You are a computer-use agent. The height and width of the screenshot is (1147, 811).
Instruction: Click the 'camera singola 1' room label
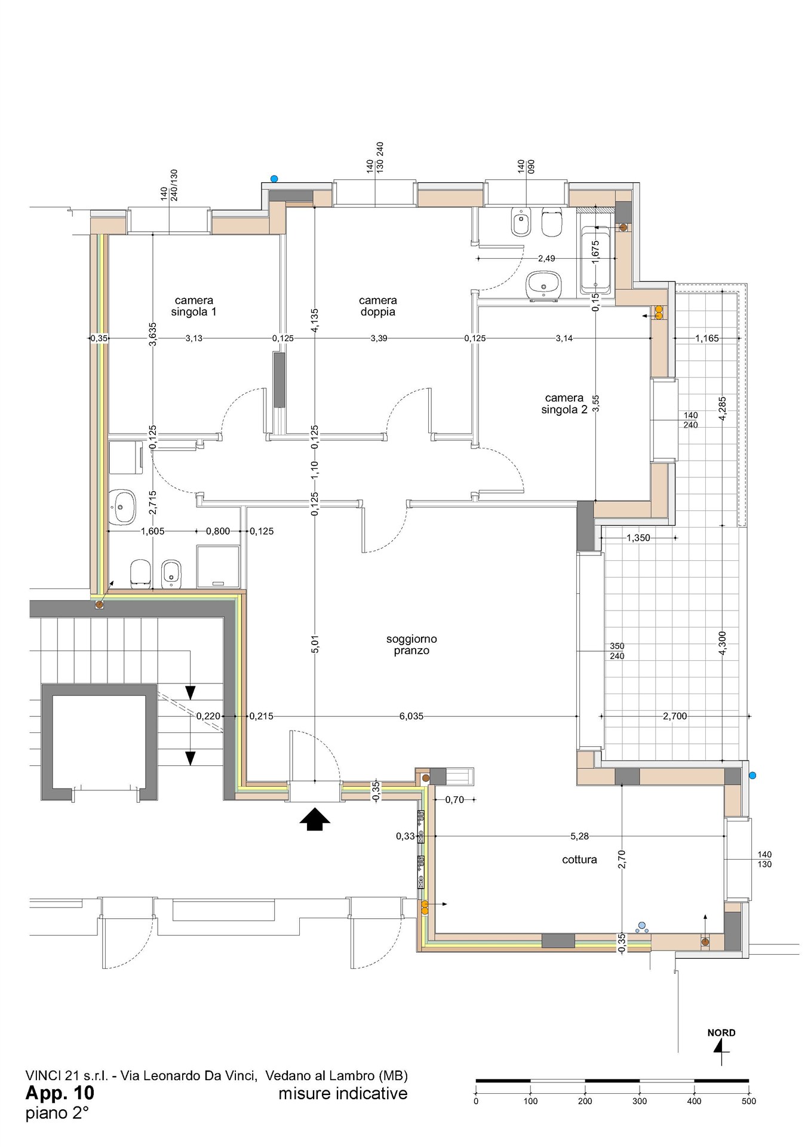coord(193,306)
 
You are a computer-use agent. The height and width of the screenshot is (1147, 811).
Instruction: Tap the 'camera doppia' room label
coord(377,306)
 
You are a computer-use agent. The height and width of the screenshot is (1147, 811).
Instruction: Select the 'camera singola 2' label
coord(564,403)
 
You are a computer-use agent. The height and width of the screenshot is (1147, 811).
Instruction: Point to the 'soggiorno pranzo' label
coord(411,645)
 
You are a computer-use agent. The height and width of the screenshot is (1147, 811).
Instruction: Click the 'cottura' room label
coord(579,860)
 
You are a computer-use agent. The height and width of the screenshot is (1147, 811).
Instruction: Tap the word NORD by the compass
coord(721,1033)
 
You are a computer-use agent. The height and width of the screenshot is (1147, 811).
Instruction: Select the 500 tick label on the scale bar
coord(748,1101)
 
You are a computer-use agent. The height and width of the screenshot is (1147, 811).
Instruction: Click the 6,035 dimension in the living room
coord(411,716)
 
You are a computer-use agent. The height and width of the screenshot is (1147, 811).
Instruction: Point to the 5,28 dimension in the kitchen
coord(579,836)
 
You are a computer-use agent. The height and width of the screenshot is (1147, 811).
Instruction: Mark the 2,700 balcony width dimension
coord(675,716)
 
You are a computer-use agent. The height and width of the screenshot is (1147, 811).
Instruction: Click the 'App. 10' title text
coord(60,1093)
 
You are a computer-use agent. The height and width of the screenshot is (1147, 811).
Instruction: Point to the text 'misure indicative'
coord(343,1093)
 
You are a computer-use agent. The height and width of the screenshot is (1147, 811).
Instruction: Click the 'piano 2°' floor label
coord(57,1113)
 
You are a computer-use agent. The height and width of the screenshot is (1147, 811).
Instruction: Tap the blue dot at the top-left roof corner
coord(274,178)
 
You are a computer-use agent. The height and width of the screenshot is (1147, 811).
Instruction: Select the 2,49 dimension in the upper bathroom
coord(546,258)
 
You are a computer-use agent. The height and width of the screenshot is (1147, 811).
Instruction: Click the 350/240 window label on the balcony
coord(617,651)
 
